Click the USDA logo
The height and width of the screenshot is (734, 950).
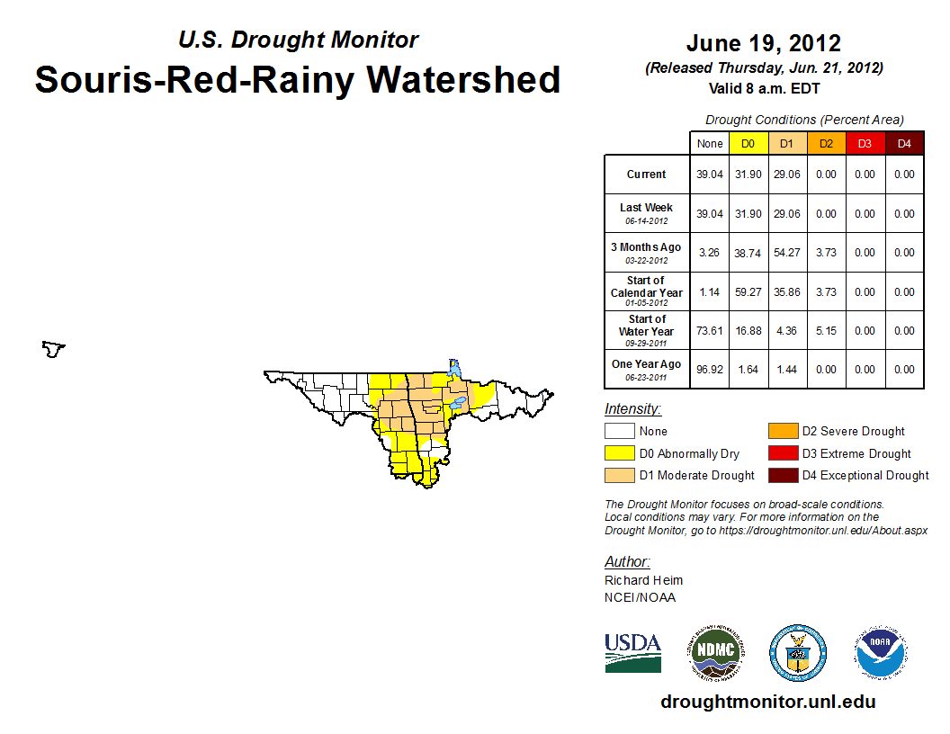coord(632,653)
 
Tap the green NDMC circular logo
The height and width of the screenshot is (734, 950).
coord(715,653)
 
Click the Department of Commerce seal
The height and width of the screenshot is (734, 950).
coord(798,653)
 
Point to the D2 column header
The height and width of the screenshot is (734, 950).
coord(827,144)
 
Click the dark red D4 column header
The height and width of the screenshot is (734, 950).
coord(904,144)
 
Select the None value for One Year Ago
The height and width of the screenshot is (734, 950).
coord(710,370)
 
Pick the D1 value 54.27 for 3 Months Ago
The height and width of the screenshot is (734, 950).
coord(787,253)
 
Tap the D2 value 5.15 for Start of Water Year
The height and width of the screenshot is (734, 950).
coord(827,331)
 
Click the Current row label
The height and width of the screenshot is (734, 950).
coord(647,175)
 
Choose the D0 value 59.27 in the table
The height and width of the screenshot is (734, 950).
coord(748,292)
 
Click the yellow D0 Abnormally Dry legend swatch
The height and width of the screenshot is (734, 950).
coord(619,453)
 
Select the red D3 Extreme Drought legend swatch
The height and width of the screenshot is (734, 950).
coord(783,453)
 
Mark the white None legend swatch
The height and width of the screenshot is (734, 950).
coord(619,431)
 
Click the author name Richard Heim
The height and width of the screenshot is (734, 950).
coord(643,580)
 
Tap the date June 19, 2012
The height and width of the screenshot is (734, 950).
coord(764,43)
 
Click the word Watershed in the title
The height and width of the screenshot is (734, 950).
coord(463,79)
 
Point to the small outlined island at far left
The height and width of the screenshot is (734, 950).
coord(53,349)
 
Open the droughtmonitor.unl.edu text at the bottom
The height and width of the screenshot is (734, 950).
coord(768,702)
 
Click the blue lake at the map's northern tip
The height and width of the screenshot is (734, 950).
coord(453,368)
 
